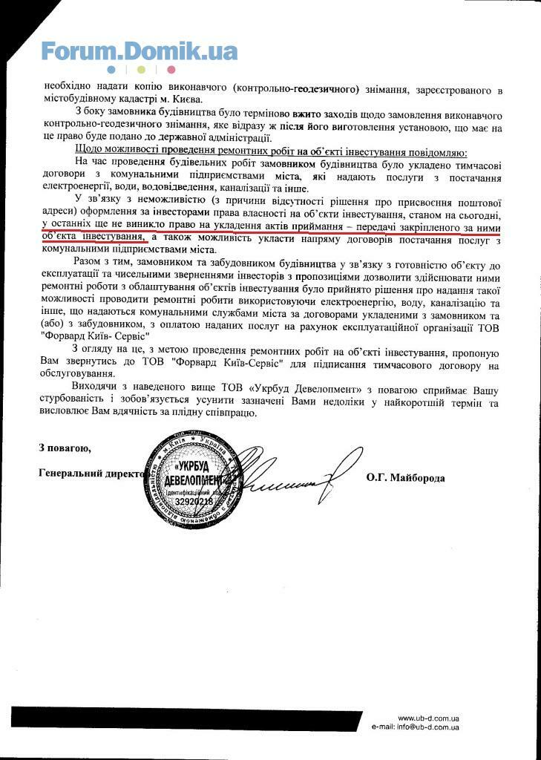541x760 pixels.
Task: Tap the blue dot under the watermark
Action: (x=111, y=71)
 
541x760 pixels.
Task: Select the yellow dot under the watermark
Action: (x=141, y=71)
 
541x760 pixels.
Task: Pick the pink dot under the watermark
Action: (x=171, y=71)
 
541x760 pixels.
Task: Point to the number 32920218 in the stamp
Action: (x=194, y=502)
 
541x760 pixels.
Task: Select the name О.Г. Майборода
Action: (x=405, y=478)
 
